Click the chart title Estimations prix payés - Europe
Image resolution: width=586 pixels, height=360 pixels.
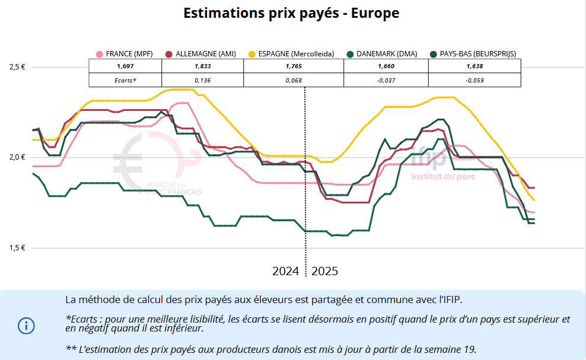coord(291,13)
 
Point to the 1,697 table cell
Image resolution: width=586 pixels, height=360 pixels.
coord(125,66)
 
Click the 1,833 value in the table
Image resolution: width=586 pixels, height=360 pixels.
coord(202,66)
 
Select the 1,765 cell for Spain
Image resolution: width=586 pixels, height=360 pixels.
coord(294,66)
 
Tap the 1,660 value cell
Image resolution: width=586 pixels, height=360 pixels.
coord(386,66)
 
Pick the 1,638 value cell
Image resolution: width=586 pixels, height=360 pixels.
coord(474,66)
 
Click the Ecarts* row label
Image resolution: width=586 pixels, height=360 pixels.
coord(125,80)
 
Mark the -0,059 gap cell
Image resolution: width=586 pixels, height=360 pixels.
coord(474,80)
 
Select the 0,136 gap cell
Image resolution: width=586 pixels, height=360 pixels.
coord(202,80)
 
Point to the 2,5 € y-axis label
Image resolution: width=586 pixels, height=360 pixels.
coord(17,67)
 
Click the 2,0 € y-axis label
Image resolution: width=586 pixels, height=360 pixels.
coord(17,157)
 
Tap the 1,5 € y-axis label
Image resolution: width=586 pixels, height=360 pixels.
coord(17,248)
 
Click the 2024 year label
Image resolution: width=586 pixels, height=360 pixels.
coord(285,271)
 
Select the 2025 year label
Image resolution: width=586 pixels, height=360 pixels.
coord(324,271)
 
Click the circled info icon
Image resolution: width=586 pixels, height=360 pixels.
coord(26,325)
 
